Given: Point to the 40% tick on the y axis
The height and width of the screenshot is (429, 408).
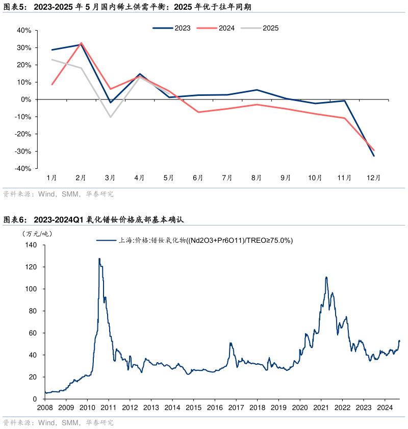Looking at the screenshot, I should coord(24,31).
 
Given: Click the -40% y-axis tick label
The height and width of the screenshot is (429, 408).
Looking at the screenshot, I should coord(23,169).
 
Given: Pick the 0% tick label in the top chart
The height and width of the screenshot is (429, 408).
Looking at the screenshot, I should coord(27,99).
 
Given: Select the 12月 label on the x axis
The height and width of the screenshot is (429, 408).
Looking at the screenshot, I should coord(373,178).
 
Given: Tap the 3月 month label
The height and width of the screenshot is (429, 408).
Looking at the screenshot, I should coord(110,178).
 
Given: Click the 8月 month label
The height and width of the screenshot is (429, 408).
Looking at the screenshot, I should coord(257,178).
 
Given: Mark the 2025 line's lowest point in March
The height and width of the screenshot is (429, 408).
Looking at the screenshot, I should coord(110,117).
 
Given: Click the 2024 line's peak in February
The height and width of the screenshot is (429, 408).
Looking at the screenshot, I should coord(81,43).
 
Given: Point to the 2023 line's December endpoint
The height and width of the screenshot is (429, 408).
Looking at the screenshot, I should coord(374,156).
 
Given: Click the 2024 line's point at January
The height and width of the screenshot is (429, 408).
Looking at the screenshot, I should coord(52,84).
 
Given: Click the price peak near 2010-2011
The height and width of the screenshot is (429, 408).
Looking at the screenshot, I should coord(99,259).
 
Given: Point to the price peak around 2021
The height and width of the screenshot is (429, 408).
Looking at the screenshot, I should coord(326,277).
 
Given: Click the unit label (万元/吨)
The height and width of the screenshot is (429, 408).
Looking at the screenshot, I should coord(37,234).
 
